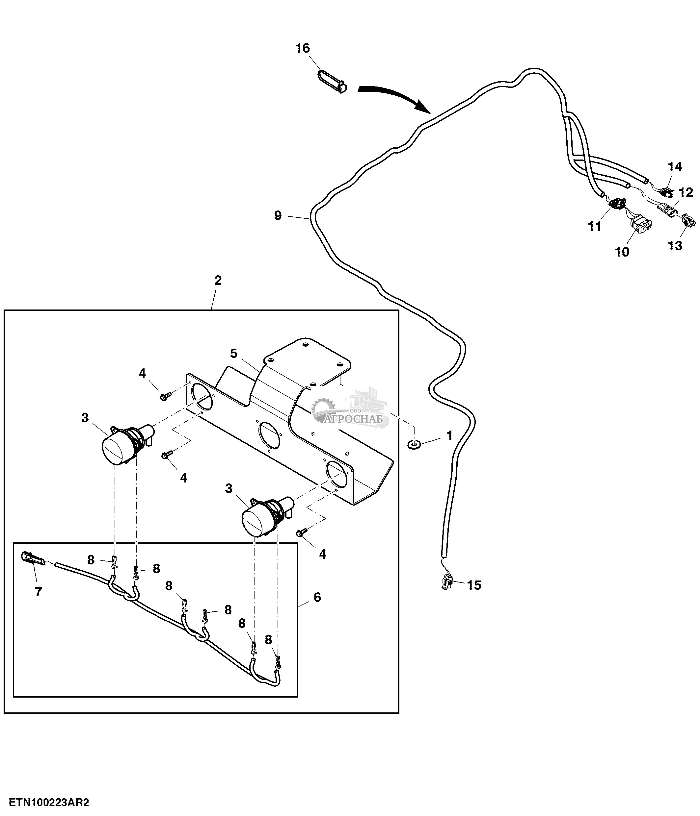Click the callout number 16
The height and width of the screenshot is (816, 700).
click(x=303, y=48)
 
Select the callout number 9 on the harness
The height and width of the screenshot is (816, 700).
click(x=278, y=215)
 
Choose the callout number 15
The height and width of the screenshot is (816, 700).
click(x=474, y=585)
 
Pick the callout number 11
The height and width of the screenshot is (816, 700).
click(x=595, y=227)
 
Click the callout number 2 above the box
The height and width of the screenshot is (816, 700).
click(x=218, y=281)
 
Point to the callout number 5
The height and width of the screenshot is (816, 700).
click(x=234, y=353)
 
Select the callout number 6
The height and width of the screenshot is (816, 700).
click(x=317, y=597)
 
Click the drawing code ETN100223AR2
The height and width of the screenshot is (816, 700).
click(x=49, y=802)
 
